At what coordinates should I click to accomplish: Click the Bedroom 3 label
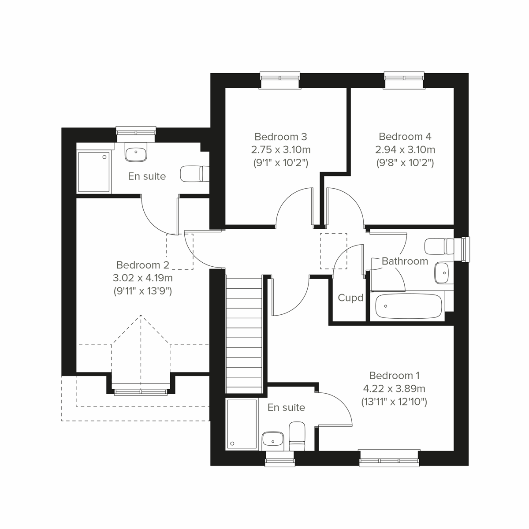coord(280,137)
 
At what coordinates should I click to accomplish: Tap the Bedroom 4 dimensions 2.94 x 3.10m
coord(405,150)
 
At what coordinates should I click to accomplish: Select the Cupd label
coord(350,298)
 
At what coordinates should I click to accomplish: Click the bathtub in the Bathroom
coord(408,306)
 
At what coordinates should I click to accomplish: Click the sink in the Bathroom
coord(441,273)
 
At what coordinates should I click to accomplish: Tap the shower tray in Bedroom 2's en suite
coord(93,172)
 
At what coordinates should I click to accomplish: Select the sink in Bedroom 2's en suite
coord(136,153)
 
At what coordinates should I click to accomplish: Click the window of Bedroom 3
coord(280,80)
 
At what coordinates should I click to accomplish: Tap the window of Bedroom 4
coord(404,80)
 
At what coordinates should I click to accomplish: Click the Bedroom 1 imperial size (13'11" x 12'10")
coord(394,402)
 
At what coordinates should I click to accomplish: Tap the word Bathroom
coord(405,261)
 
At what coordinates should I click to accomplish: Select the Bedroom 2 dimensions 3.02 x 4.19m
coord(142,278)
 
